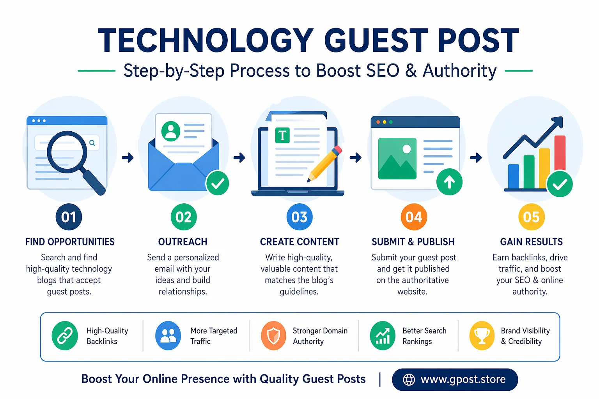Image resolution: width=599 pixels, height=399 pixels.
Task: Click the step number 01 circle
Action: pos(69,217)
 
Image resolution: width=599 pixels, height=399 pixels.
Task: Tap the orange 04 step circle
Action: pos(414,217)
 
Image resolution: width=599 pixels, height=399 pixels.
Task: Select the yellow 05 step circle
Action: pos(531,217)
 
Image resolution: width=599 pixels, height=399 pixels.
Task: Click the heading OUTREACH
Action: pos(183,242)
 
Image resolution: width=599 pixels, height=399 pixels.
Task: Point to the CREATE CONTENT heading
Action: pos(299,242)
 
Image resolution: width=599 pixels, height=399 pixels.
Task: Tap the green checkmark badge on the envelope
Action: pos(217,183)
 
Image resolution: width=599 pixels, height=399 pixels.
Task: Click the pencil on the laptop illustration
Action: pos(325,164)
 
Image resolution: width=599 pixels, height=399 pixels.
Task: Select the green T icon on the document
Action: pos(282,136)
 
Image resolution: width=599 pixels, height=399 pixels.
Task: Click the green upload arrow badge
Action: pos(449,182)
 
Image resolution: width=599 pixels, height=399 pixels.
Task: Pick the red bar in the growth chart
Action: pos(560,154)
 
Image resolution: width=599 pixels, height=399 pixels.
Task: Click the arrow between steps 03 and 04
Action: pos(355,158)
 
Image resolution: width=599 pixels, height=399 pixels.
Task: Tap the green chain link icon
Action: pos(65,335)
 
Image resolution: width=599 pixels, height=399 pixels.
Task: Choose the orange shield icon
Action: pos(273,335)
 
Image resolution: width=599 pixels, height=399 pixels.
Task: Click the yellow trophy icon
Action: pos(482,335)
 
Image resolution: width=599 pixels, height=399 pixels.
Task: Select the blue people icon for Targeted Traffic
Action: pos(168,335)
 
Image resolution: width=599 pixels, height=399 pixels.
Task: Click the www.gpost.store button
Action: pos(455,380)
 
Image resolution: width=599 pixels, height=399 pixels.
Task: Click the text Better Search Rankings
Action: pos(424,336)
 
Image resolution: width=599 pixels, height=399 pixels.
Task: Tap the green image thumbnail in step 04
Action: pos(397,159)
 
